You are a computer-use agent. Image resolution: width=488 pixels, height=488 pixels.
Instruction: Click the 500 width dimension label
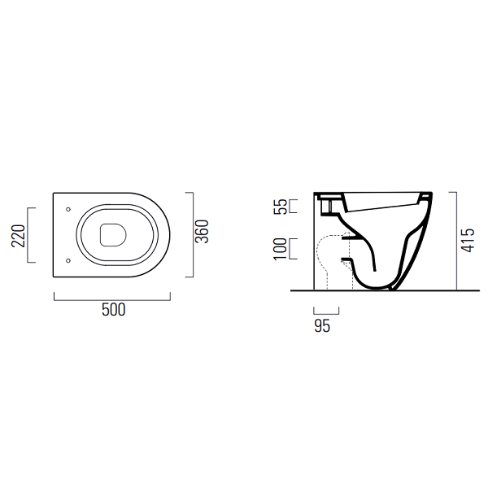(x=114, y=310)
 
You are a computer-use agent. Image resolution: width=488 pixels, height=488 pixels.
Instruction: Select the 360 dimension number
(x=202, y=232)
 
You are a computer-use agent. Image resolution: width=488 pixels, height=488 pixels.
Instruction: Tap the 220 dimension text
(x=18, y=236)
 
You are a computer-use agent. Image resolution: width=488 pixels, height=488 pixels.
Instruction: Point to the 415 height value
(x=468, y=240)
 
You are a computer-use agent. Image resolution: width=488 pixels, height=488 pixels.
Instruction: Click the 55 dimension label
(x=281, y=207)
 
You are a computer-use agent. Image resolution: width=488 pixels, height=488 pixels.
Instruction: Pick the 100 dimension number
(x=280, y=249)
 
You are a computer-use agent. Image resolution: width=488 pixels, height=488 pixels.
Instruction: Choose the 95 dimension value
(x=322, y=326)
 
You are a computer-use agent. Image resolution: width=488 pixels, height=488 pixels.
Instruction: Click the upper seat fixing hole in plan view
(x=68, y=210)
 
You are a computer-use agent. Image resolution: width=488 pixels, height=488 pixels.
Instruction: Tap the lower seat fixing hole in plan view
(x=68, y=260)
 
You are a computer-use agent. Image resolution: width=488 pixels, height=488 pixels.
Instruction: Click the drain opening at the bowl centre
(x=113, y=235)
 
